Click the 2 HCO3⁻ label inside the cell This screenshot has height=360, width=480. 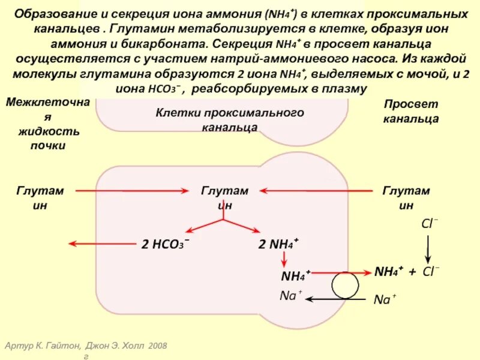point(166,245)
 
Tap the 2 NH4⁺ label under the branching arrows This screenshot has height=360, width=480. point(278,245)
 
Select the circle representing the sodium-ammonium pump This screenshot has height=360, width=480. point(345,286)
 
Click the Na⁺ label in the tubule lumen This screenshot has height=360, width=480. point(385,299)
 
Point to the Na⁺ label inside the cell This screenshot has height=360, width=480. point(291,296)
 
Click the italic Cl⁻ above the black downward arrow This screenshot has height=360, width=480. point(430,224)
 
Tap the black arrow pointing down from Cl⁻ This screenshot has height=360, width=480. point(428,247)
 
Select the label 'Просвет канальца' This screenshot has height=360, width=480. point(411,111)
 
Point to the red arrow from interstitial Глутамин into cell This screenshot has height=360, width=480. point(133,191)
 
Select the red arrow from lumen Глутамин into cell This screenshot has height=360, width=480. point(316,191)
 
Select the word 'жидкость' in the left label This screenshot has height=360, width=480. point(47,131)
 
